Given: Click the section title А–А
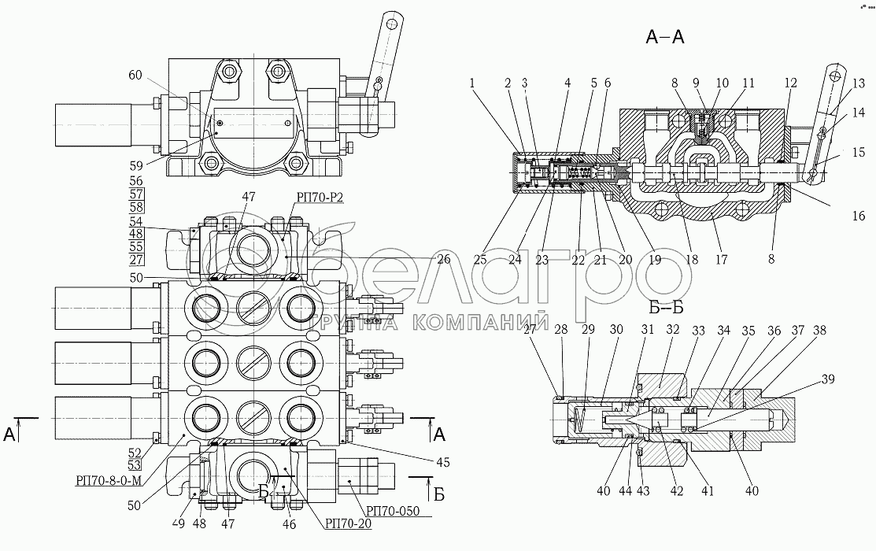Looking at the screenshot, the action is coord(664,37).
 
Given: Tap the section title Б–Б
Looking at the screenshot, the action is coord(667,307).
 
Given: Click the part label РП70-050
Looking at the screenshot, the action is coord(392,512).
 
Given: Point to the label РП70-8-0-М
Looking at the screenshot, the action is coord(108,480).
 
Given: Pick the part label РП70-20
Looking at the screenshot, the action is coord(348,523).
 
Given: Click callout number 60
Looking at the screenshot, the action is coord(135,75).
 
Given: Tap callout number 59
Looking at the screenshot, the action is coord(135,165).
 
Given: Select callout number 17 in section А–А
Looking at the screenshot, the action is coord(721,259).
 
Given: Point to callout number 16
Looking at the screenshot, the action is coord(858,216).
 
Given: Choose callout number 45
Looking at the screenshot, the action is coord(442,462).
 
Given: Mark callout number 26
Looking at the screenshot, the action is coord(443,259).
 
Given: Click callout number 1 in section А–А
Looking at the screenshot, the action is coord(472,83).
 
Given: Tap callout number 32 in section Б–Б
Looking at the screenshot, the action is coord(673,330).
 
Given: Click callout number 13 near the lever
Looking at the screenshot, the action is coord(858,83).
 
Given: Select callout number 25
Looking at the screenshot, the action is coord(480,259).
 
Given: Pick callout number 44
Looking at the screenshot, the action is coord(624,491).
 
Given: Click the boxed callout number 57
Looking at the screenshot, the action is coord(135,194).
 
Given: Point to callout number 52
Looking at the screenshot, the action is coord(134,452).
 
